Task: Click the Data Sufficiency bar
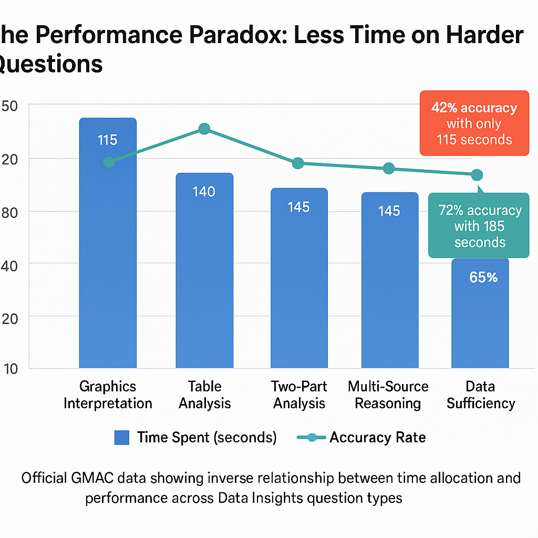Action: point(480,315)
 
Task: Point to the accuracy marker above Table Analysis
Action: point(204,129)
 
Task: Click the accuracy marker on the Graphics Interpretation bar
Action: point(109,162)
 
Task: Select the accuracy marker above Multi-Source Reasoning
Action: point(389,168)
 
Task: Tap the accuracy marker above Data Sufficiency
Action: point(477,174)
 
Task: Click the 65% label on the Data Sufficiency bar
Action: point(483,277)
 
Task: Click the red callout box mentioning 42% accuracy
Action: point(474,123)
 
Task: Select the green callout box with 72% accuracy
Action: point(479,226)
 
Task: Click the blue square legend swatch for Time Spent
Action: point(122,438)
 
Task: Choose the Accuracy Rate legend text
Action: point(377,438)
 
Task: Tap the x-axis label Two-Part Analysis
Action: point(298,395)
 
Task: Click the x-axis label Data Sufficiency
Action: point(480,395)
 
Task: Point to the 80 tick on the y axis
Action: point(11,212)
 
